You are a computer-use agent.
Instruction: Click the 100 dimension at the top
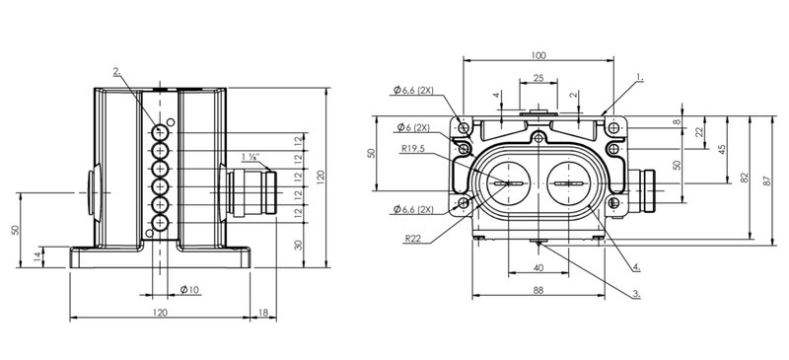point(538,55)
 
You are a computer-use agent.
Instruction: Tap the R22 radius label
point(412,238)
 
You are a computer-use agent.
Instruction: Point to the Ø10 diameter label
point(189,289)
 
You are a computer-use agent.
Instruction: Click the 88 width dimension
point(538,290)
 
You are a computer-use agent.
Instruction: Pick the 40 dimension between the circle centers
point(538,268)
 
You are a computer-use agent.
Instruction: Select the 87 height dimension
point(767,180)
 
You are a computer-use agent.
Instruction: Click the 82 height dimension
point(745,178)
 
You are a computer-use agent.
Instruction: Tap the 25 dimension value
point(538,78)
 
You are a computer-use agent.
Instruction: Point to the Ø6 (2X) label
point(413,127)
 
